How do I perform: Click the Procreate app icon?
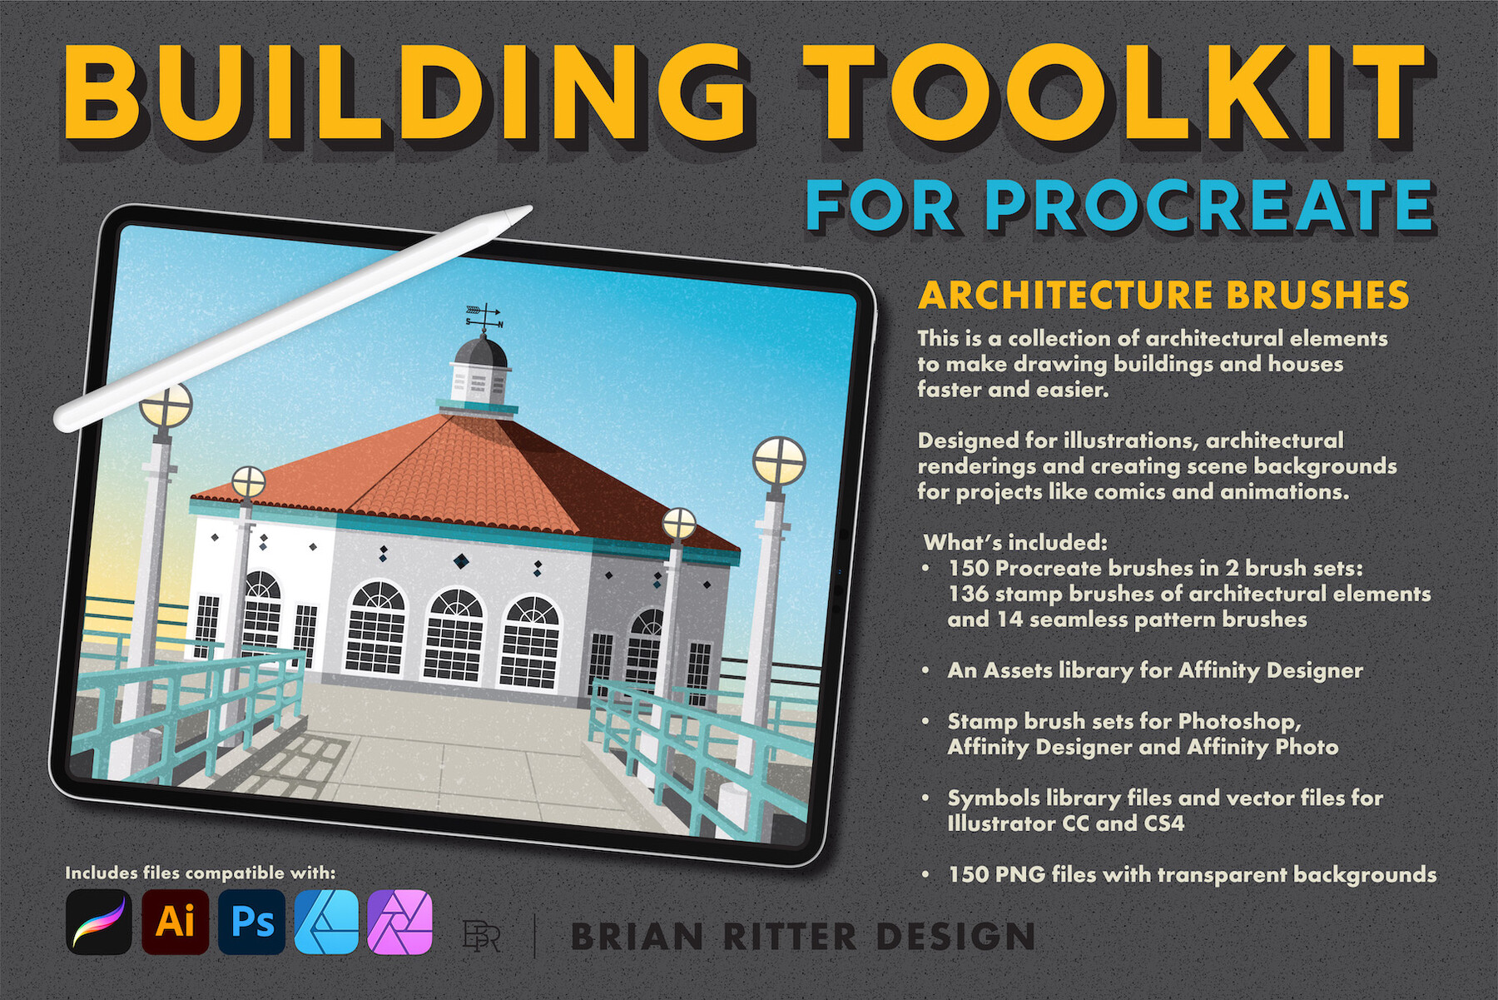click(99, 922)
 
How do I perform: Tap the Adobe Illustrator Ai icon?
click(175, 922)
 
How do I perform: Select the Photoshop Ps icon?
click(251, 922)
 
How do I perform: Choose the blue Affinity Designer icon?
click(327, 922)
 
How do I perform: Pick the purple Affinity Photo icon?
click(400, 922)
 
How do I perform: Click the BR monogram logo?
click(481, 936)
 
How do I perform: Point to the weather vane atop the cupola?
click(484, 316)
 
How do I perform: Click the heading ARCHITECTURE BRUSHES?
click(1163, 296)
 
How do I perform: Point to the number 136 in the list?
click(968, 594)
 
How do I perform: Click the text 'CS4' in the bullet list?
click(1164, 823)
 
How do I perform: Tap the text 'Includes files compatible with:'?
click(201, 873)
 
